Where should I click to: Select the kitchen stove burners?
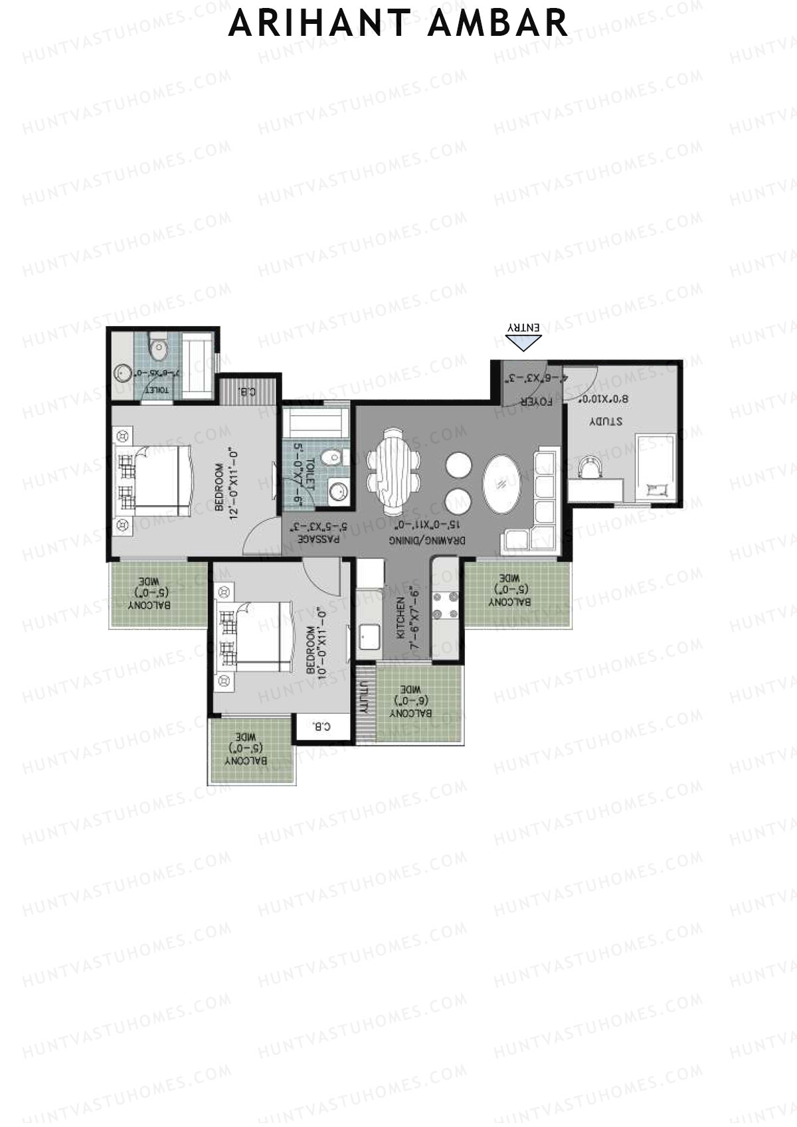click(x=446, y=604)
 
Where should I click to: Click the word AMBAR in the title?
click(x=497, y=23)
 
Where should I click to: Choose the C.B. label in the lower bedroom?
click(x=321, y=727)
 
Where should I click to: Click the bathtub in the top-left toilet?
click(x=197, y=367)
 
